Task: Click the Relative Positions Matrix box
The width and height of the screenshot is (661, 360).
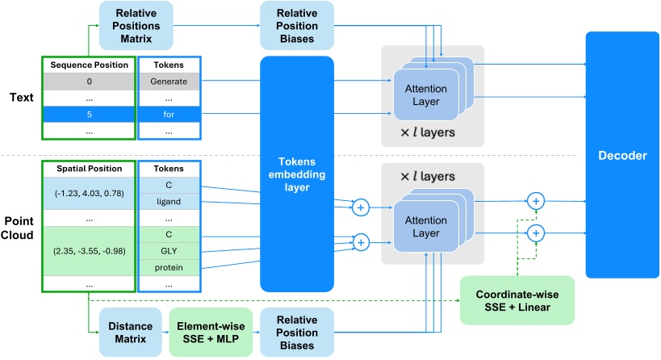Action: click(x=136, y=24)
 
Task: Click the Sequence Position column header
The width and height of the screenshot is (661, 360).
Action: click(x=87, y=65)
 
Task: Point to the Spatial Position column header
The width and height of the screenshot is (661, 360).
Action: click(x=87, y=169)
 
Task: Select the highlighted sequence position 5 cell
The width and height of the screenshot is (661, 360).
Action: click(x=87, y=114)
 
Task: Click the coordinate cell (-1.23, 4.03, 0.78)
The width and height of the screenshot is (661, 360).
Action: click(x=87, y=194)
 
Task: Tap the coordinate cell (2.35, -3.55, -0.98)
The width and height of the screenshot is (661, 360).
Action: click(x=87, y=251)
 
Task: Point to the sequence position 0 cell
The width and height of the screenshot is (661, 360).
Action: click(x=87, y=82)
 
